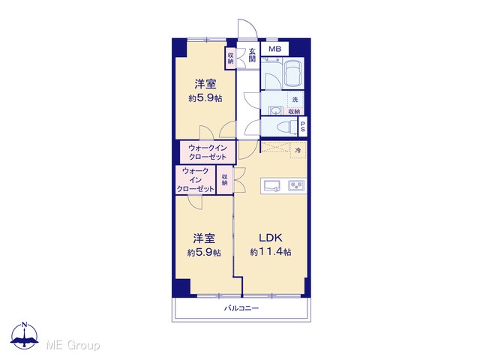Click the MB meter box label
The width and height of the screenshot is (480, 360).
274,49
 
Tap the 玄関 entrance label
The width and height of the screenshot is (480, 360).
252,55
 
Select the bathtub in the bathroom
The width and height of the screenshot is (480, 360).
293,73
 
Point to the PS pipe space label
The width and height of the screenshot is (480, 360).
302,127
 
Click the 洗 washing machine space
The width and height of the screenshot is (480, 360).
295,99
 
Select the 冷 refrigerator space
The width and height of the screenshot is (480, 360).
298,150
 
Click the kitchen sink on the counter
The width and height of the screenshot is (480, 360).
271,185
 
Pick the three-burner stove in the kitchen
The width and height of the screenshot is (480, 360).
296,185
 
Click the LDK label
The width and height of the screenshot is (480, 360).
270,238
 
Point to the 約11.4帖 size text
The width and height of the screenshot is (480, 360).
270,252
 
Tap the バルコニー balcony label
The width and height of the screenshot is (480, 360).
241,308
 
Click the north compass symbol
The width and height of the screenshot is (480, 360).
25,335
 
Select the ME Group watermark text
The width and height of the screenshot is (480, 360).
73,346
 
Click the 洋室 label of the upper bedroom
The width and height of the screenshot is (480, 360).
205,84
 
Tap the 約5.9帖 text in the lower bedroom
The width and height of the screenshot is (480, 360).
204,253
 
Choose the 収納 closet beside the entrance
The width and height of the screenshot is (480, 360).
230,58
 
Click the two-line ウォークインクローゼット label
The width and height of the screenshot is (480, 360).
207,152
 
